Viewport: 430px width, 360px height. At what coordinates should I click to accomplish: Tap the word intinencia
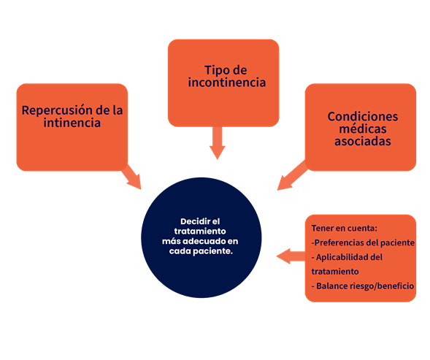[x=72, y=123]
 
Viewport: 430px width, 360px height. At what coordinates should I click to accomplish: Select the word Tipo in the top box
[x=215, y=70]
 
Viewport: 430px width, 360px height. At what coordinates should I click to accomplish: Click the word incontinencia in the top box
[x=227, y=83]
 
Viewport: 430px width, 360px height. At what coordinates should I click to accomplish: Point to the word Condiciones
[x=363, y=116]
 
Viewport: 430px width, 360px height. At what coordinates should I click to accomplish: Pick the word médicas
[x=363, y=129]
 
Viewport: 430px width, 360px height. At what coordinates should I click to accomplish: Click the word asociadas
[x=363, y=141]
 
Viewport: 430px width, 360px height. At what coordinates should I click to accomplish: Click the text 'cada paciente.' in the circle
[x=201, y=251]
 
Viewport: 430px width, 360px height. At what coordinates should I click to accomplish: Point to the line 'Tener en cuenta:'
[x=344, y=228]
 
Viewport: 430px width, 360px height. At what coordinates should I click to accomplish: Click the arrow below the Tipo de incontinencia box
[x=218, y=143]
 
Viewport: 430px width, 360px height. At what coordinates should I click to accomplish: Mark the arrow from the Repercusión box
[x=132, y=177]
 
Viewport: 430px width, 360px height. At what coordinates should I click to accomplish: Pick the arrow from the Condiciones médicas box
[x=293, y=175]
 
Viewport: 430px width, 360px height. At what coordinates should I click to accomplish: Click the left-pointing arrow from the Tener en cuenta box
[x=291, y=256]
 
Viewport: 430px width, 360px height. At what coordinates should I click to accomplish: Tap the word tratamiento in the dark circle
[x=200, y=231]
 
